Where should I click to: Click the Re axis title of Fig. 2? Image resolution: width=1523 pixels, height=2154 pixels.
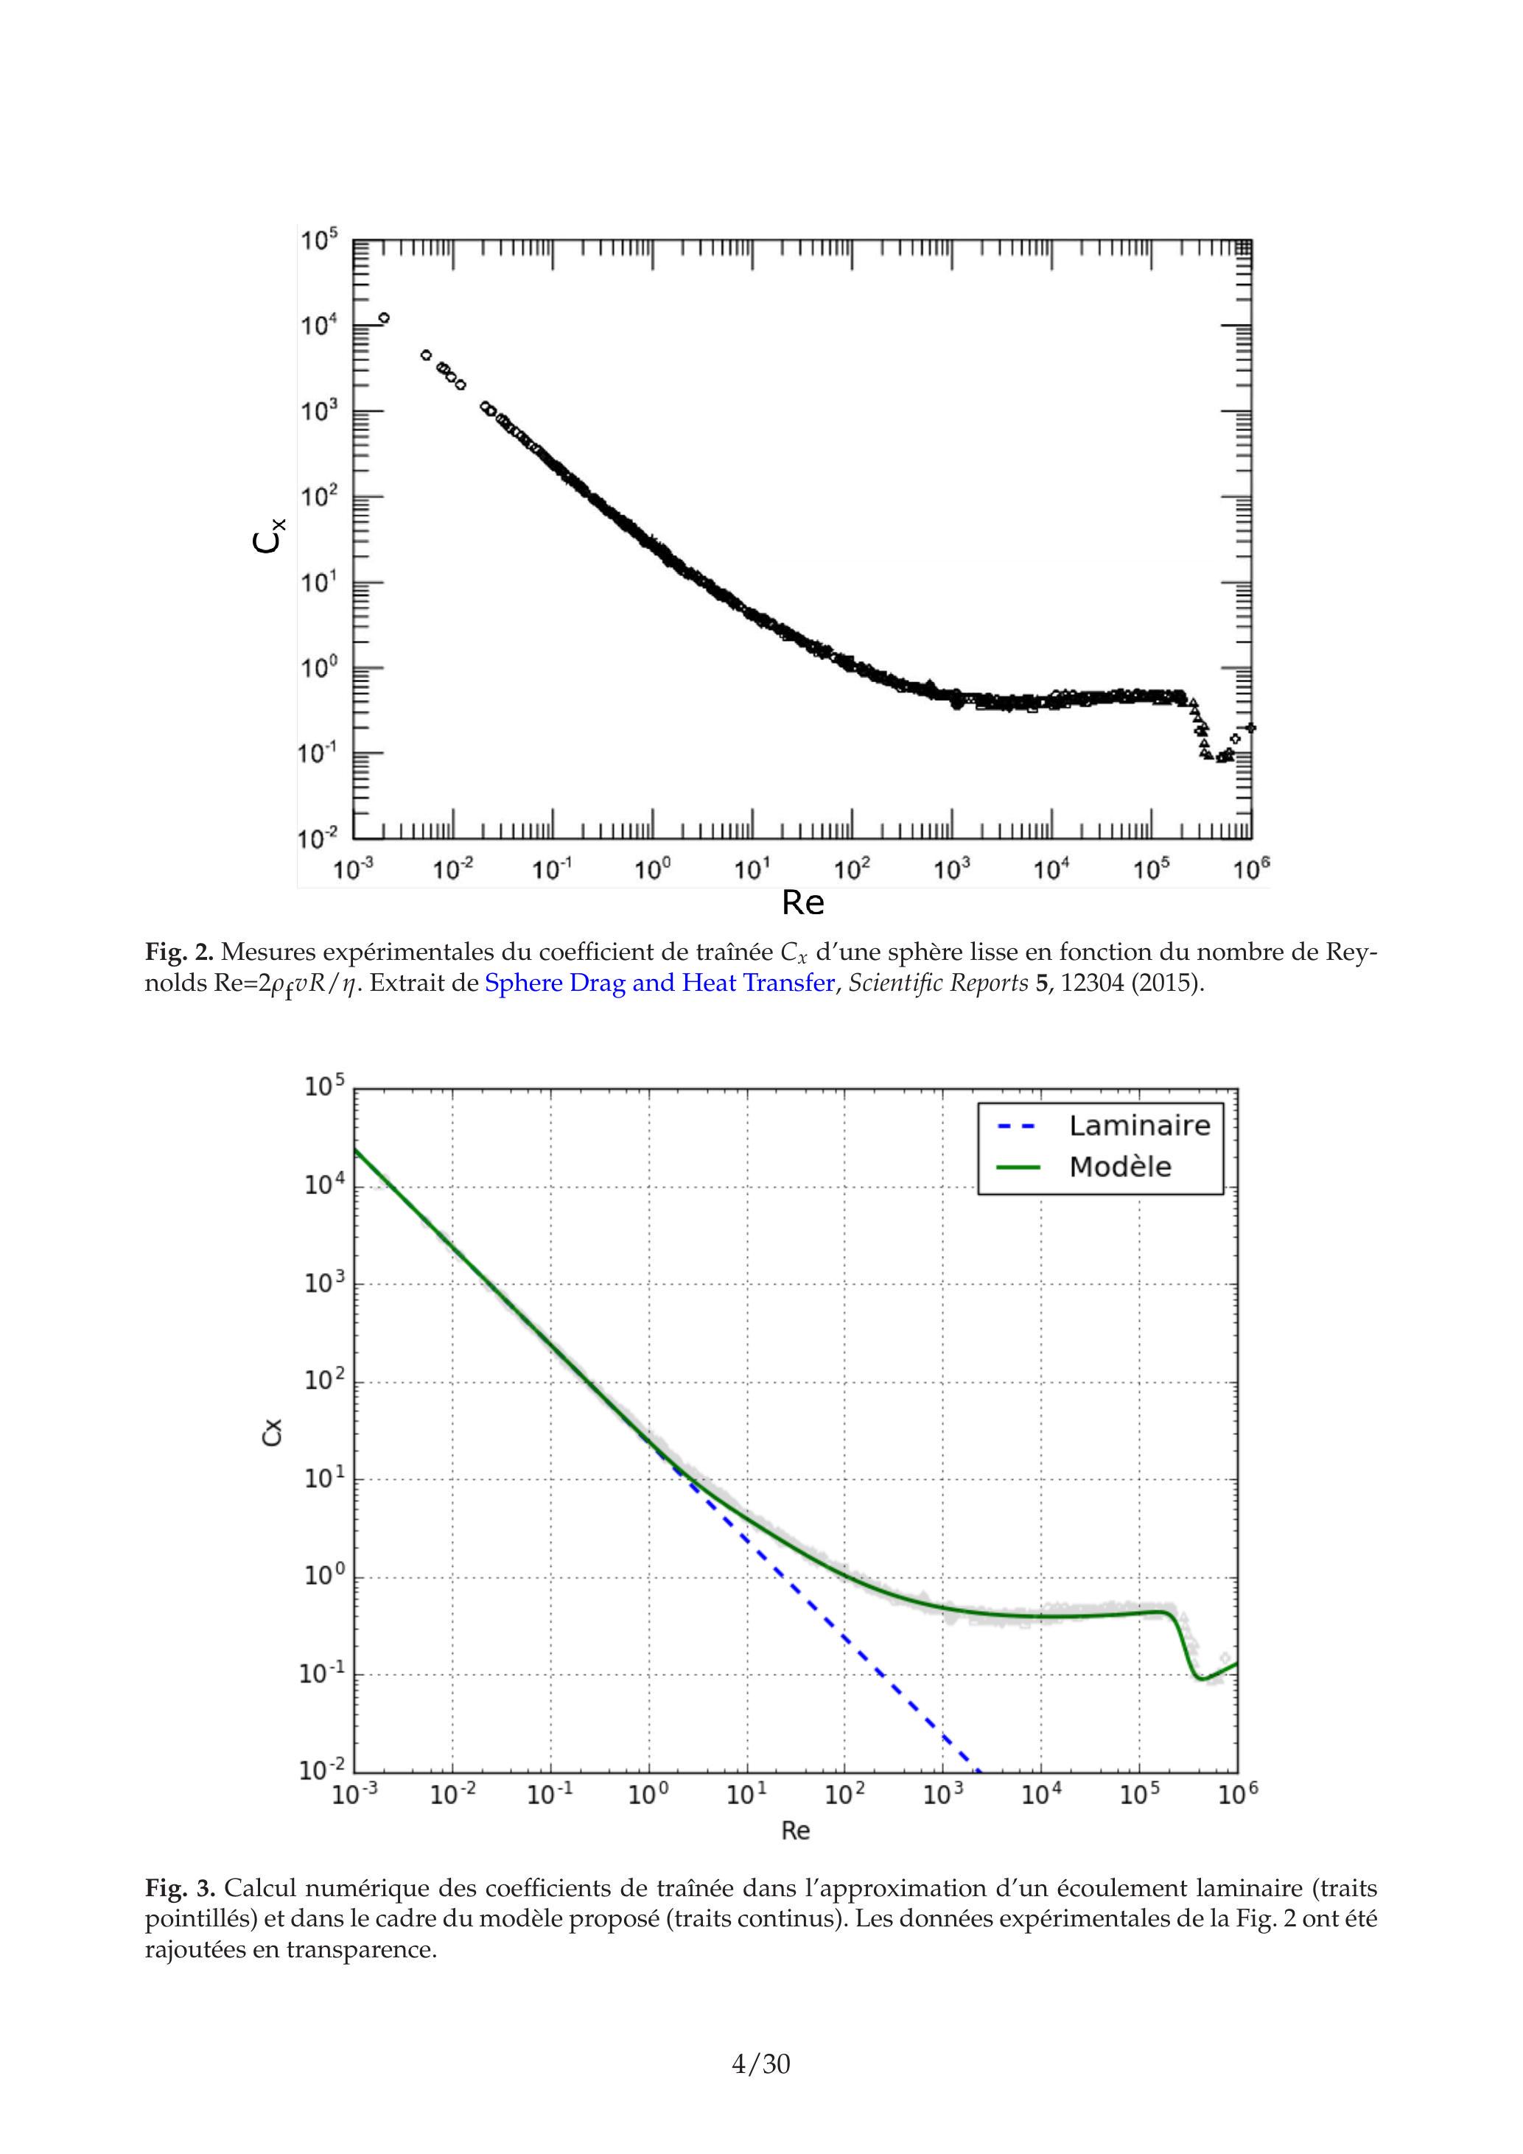[803, 902]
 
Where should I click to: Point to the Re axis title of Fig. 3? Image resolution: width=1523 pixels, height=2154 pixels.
[796, 1831]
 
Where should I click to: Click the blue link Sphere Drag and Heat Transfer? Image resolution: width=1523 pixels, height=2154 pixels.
[659, 983]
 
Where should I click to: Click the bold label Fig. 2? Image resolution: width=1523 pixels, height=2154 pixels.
[179, 953]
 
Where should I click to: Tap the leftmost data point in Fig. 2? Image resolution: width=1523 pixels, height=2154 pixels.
[384, 318]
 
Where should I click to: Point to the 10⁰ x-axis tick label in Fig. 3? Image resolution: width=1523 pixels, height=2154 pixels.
[648, 1796]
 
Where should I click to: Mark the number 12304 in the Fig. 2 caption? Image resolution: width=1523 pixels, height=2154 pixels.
[1092, 983]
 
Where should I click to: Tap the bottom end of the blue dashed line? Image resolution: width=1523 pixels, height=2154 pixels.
[978, 1771]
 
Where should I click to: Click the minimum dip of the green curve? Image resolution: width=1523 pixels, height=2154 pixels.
[1200, 1678]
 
